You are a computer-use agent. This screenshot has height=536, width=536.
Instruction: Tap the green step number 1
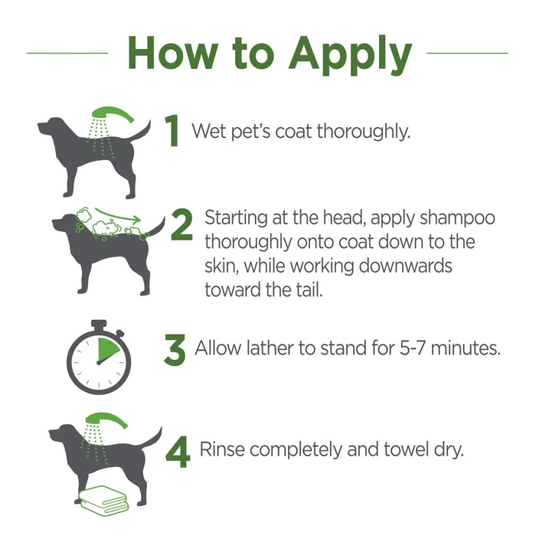(x=173, y=131)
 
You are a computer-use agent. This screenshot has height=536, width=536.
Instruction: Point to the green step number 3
(x=175, y=350)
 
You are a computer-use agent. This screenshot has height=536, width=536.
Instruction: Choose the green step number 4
(x=178, y=449)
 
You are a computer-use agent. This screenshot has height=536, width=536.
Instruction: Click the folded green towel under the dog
(x=100, y=501)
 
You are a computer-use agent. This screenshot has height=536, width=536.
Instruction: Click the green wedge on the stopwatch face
(x=107, y=349)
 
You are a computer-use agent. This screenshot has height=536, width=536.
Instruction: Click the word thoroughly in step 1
(x=364, y=131)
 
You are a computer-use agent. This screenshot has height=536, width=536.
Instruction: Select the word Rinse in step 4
(x=221, y=449)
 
